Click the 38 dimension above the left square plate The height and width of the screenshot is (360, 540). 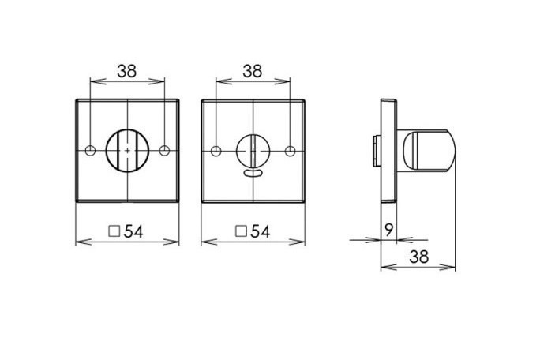127,71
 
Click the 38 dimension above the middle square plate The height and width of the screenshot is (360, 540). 253,71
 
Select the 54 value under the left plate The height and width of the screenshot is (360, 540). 133,231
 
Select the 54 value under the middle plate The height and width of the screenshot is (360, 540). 261,231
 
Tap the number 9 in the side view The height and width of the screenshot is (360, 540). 388,230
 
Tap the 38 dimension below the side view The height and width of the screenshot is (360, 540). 419,257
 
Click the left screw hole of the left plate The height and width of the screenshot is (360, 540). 90,151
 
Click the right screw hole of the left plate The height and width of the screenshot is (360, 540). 165,151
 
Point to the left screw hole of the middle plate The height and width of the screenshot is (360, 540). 216,152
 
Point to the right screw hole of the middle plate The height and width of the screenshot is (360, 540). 291,152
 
